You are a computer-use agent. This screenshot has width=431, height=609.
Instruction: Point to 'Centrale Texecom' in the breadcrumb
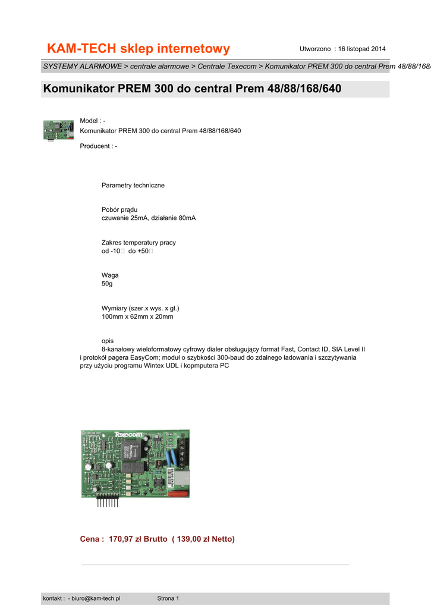click(x=227, y=66)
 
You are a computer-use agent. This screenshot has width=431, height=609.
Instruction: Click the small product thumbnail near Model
click(x=58, y=130)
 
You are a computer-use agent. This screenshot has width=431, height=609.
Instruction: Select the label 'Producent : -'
click(x=99, y=146)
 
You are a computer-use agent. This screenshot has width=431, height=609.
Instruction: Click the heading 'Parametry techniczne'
click(x=133, y=186)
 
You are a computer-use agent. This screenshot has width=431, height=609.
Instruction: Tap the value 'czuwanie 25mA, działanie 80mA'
click(x=149, y=218)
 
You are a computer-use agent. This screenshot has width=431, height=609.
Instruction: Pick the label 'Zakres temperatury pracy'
click(x=139, y=243)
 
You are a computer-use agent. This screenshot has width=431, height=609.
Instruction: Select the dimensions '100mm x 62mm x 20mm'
click(x=137, y=317)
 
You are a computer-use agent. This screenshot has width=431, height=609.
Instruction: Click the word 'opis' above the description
click(x=108, y=341)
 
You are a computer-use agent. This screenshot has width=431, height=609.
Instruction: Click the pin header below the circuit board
click(x=108, y=501)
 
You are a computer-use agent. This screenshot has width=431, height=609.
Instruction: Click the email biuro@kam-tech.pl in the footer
click(x=96, y=598)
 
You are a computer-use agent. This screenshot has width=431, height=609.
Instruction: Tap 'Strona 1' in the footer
click(x=168, y=598)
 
